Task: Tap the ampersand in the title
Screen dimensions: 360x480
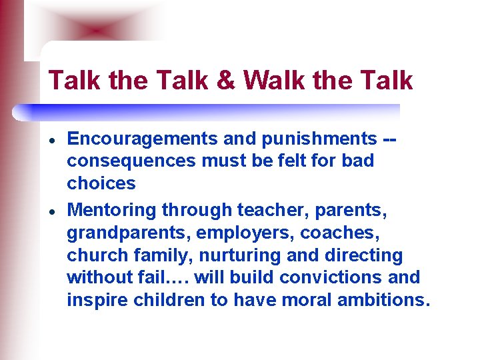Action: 227,81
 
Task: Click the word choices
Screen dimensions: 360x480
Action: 101,184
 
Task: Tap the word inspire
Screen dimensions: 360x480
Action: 93,301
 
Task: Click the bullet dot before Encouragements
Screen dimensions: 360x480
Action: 51,139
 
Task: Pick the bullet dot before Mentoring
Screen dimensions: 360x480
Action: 51,211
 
